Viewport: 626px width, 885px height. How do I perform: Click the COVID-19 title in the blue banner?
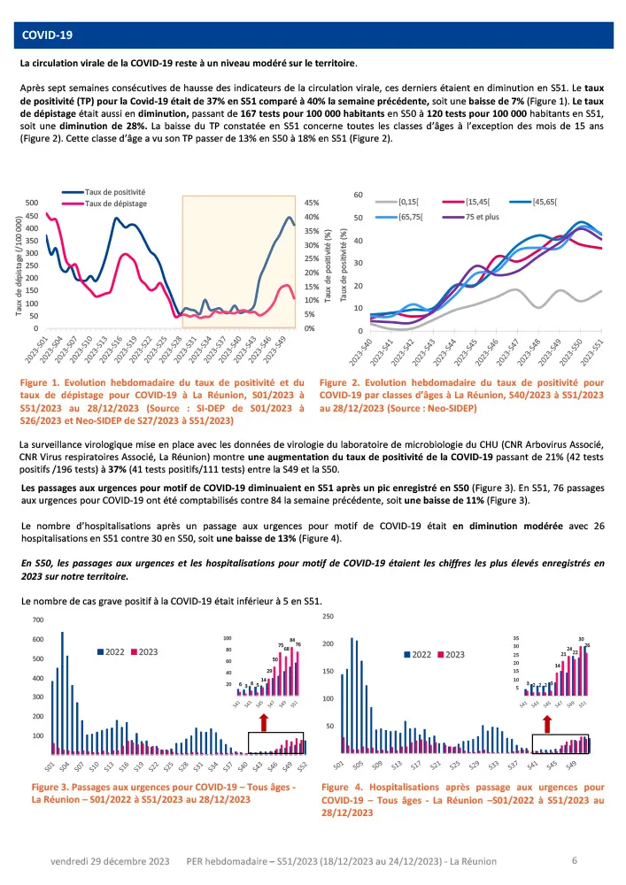(47, 35)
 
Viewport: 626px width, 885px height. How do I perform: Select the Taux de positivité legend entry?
(115, 192)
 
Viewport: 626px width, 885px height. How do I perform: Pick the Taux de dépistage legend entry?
(115, 204)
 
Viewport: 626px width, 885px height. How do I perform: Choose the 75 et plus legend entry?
(486, 215)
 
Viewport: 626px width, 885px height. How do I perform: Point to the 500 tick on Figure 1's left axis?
(31, 203)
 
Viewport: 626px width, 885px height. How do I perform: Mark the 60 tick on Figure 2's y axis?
(359, 195)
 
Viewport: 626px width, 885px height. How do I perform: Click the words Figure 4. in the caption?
(343, 786)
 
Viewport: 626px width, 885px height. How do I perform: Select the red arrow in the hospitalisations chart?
(547, 724)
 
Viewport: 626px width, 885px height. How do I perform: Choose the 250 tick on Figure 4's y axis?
(328, 616)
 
